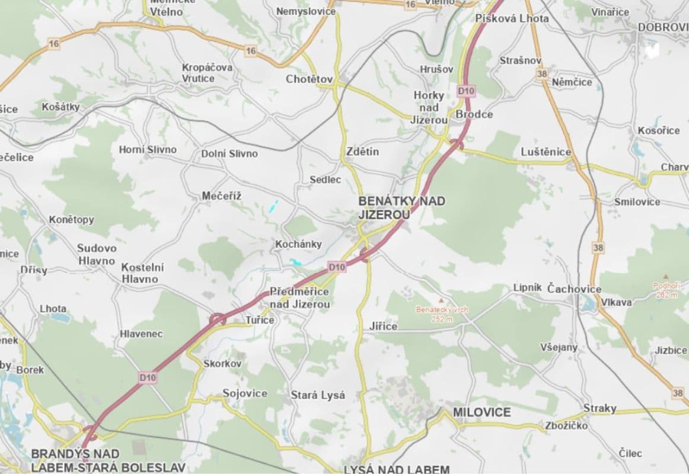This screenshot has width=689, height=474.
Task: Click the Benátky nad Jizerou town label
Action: click(x=401, y=207)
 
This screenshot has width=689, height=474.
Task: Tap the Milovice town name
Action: click(x=481, y=412)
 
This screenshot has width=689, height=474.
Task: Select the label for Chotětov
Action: click(x=309, y=79)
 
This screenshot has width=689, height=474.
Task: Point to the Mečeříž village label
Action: click(x=222, y=196)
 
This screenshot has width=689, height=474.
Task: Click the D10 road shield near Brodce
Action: click(x=466, y=91)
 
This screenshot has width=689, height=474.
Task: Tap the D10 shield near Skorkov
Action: click(x=148, y=376)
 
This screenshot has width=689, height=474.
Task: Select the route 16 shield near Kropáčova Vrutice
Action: click(x=250, y=52)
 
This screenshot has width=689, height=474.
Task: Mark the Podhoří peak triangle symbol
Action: click(x=666, y=277)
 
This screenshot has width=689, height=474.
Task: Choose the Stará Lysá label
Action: click(x=318, y=395)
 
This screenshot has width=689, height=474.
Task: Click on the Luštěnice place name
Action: click(x=546, y=152)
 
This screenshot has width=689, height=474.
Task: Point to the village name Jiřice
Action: click(x=383, y=326)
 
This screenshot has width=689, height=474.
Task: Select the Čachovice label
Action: click(x=574, y=289)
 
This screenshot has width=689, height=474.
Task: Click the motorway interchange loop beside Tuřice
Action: click(x=218, y=319)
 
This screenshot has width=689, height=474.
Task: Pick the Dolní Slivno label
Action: click(x=229, y=153)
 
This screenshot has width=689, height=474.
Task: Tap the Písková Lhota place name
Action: click(x=512, y=18)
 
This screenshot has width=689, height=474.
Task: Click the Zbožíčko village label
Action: click(x=566, y=425)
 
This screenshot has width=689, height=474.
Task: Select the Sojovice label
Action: click(x=245, y=393)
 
